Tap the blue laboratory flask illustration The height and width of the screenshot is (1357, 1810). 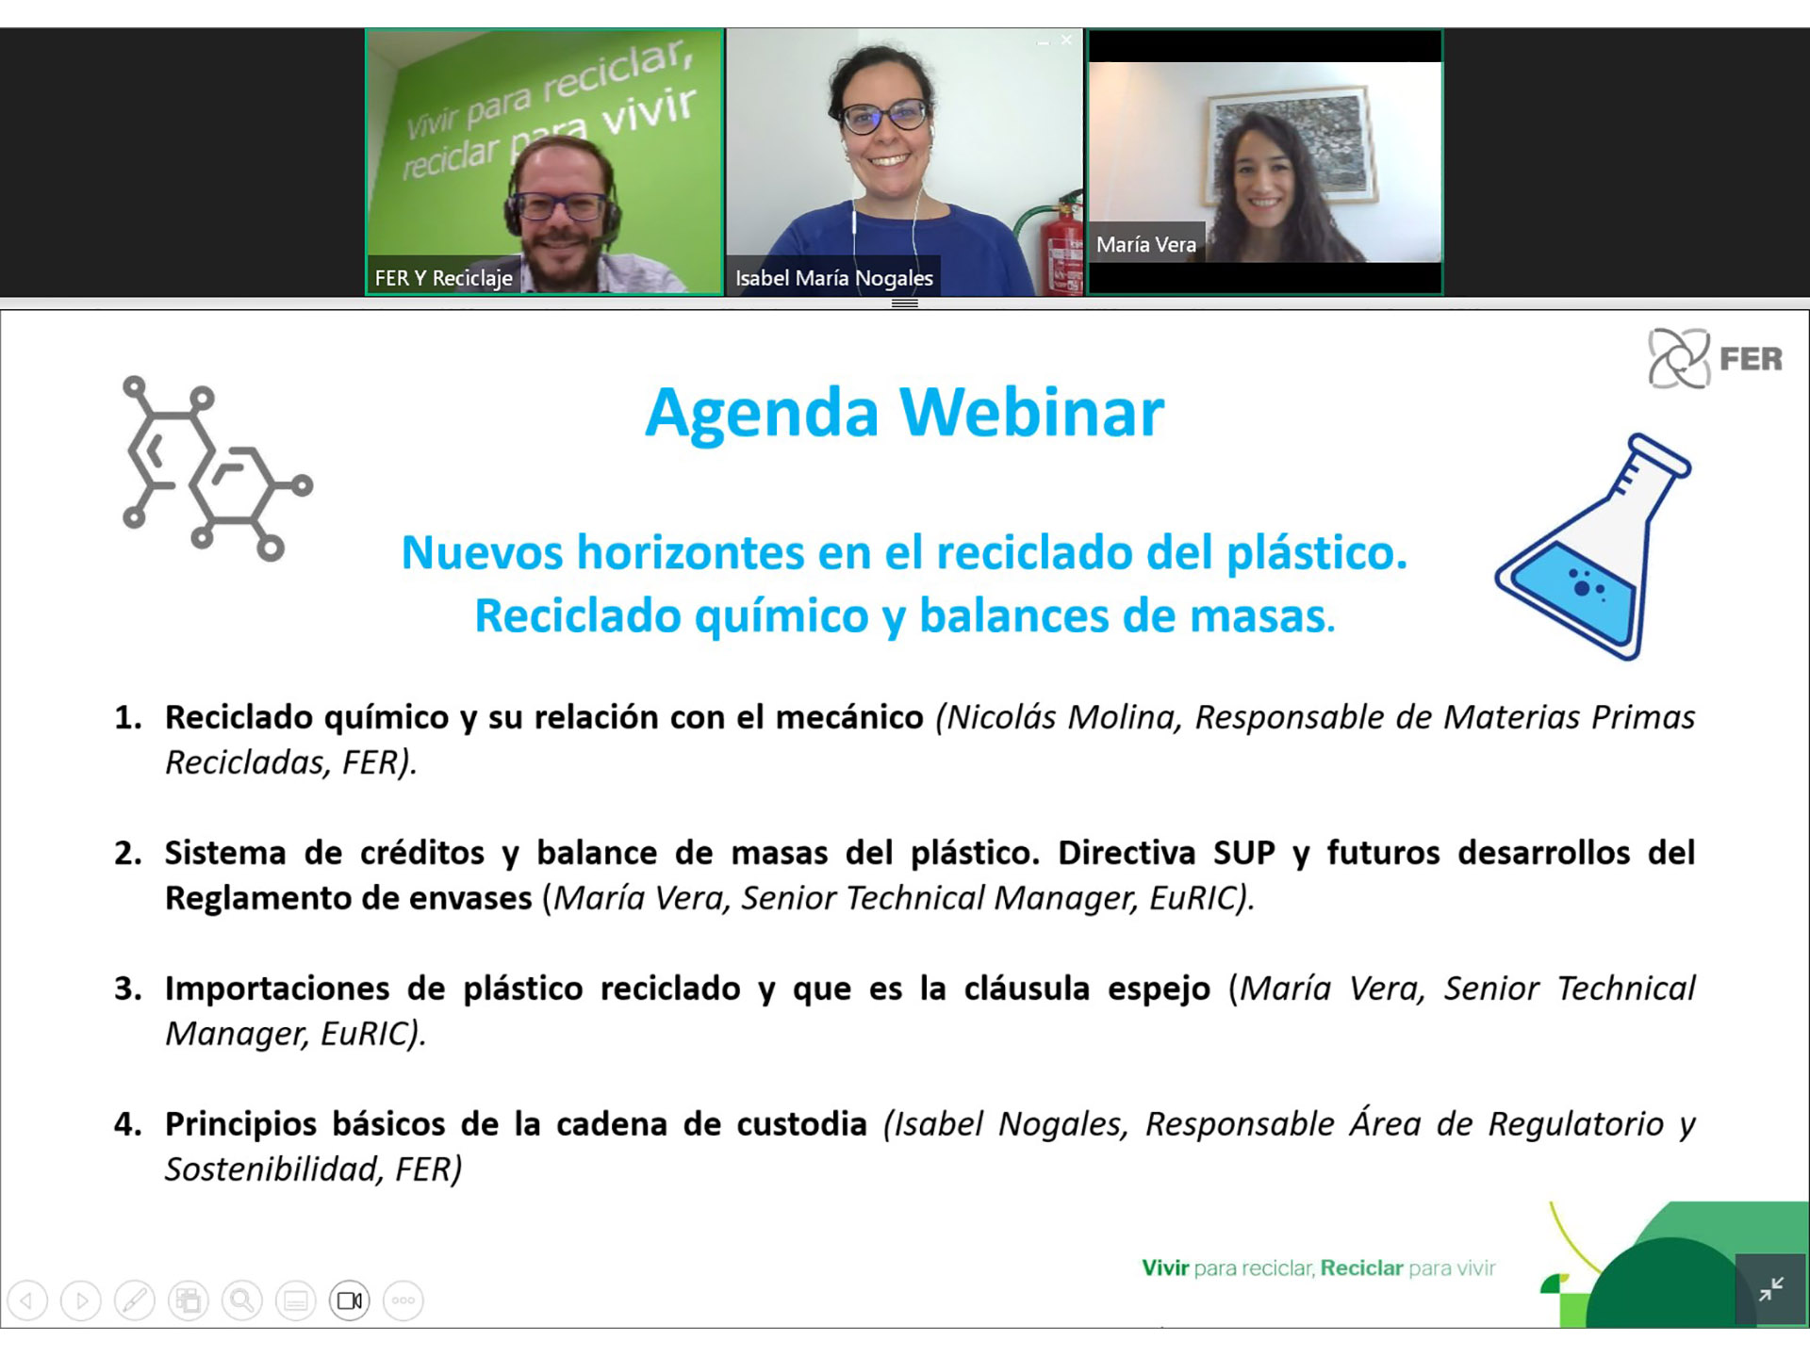coord(1593,547)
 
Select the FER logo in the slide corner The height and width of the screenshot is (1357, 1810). coord(1715,358)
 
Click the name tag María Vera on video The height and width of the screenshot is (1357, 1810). coord(1145,244)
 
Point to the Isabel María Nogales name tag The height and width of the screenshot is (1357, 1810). coord(833,278)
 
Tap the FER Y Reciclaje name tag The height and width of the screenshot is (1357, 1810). coord(443,278)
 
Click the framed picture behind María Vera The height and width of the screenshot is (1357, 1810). coord(1292,147)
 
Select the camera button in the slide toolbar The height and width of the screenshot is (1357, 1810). coord(350,1300)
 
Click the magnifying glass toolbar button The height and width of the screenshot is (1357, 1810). coord(242,1300)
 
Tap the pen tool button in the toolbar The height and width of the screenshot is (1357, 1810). coord(135,1300)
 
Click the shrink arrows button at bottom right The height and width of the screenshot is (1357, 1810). coord(1769,1289)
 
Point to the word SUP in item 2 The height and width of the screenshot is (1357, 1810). coord(1243,853)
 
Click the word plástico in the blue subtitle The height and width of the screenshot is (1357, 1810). coord(1316,553)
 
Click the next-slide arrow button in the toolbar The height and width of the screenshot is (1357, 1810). coord(81,1300)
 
